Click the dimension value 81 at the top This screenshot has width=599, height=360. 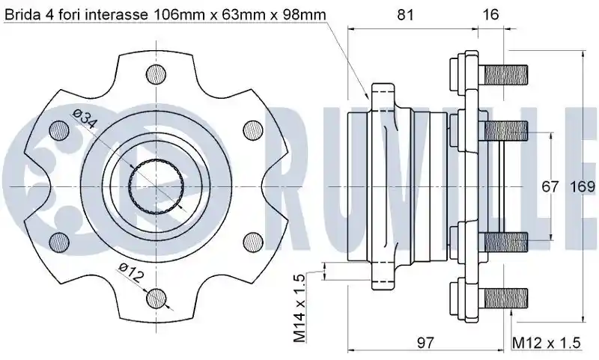click(405, 14)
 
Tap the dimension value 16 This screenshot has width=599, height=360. click(491, 14)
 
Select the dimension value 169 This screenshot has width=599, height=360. click(583, 186)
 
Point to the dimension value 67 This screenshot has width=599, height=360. click(550, 186)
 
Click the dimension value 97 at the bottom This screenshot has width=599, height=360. click(425, 343)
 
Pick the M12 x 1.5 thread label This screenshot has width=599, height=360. click(547, 343)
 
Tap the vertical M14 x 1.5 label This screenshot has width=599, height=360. click(300, 308)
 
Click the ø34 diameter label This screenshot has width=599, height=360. click(85, 118)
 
